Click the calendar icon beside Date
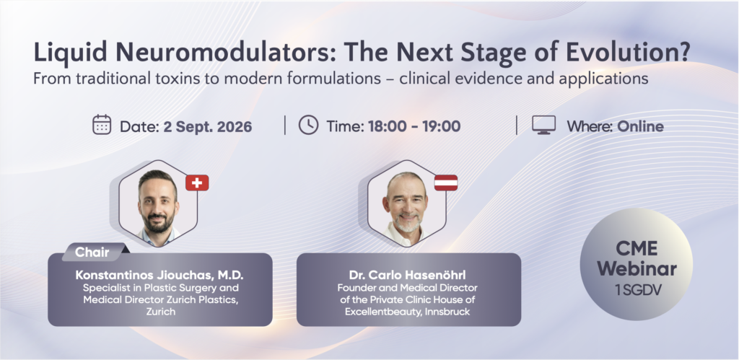click(102, 125)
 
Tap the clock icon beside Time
click(308, 125)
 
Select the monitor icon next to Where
click(544, 125)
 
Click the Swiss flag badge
click(197, 183)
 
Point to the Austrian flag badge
click(446, 183)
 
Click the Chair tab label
click(92, 252)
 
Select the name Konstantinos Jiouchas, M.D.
click(159, 275)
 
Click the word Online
click(641, 126)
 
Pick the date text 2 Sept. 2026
click(207, 127)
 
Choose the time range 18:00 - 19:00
click(414, 126)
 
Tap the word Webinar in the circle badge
click(637, 268)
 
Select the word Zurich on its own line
click(161, 312)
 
